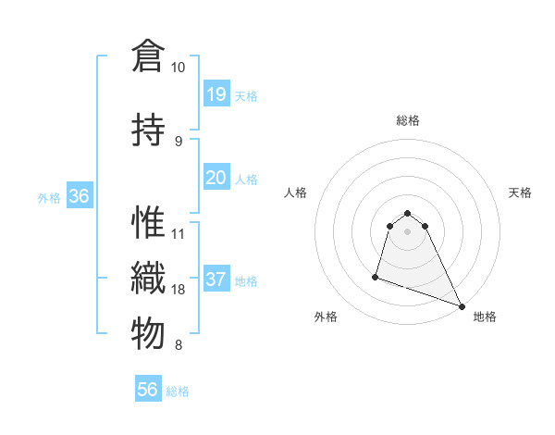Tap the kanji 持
[148, 129]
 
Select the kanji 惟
[148, 224]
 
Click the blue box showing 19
[216, 93]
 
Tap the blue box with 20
[216, 177]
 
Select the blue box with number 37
[216, 280]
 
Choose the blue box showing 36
[80, 196]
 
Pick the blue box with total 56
[148, 390]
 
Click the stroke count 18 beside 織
[179, 290]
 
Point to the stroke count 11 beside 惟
[179, 233]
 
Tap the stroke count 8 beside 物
[179, 345]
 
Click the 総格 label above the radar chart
[408, 120]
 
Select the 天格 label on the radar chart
[520, 193]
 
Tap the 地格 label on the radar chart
[485, 317]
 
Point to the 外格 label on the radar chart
[326, 317]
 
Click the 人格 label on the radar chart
[296, 193]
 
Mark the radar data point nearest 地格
[462, 305]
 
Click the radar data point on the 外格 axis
[376, 276]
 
